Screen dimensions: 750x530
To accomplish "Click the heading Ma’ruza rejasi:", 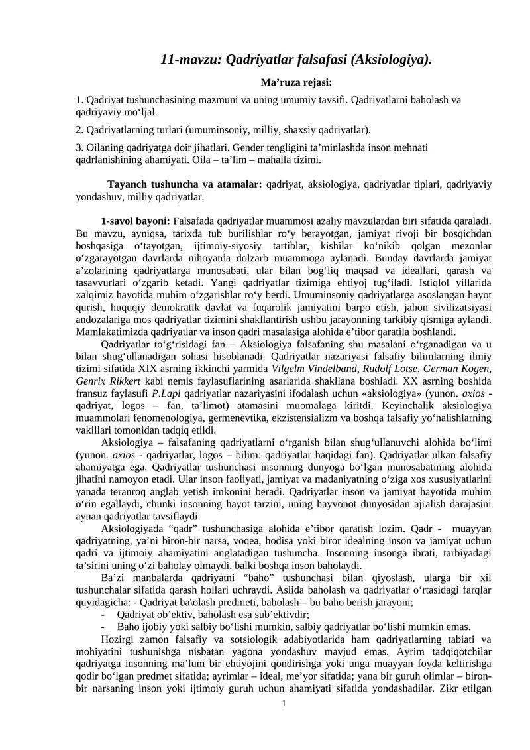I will tap(297, 82).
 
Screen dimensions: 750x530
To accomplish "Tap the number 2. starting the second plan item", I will tap(79, 129).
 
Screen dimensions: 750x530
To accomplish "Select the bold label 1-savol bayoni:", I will tap(136, 219).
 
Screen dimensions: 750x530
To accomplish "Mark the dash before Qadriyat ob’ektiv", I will tap(103, 615).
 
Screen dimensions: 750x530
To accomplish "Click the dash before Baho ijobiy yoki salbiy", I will tap(103, 627).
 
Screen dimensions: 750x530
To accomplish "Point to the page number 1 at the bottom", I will tap(284, 703).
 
